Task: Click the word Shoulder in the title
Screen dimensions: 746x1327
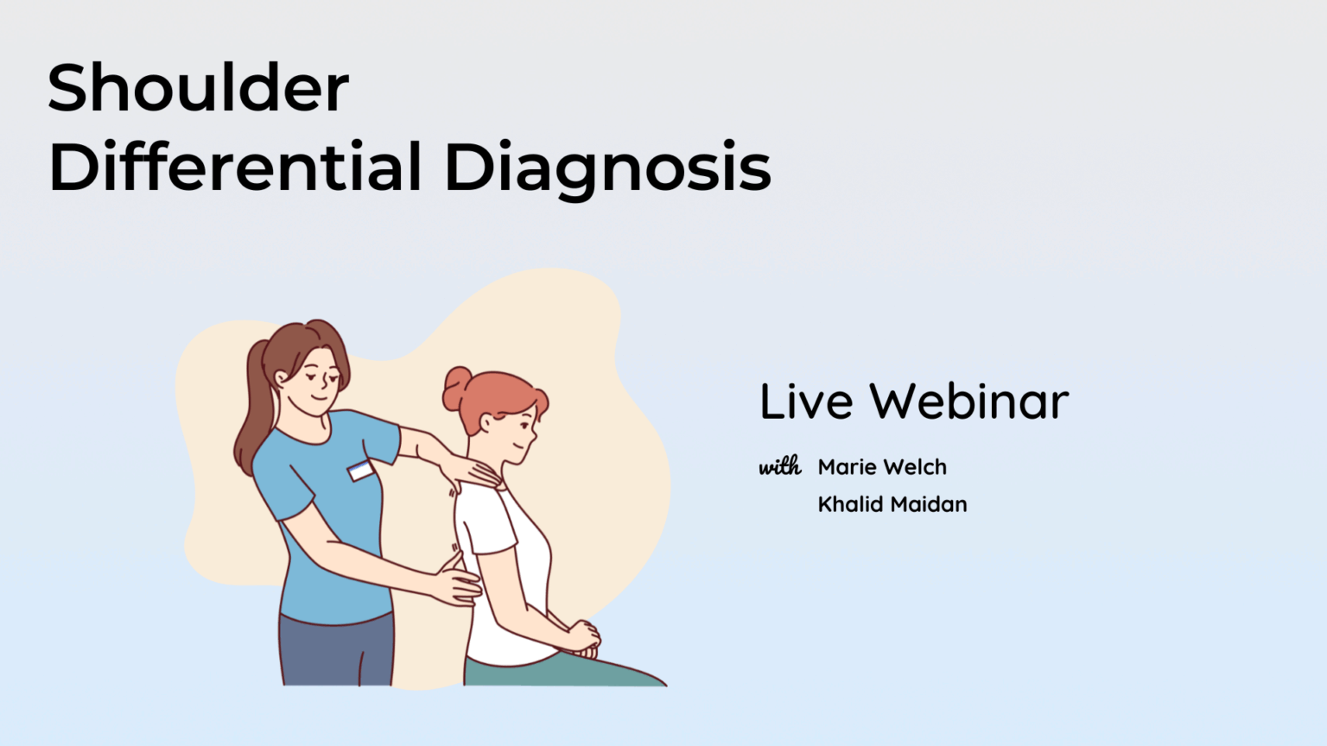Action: pos(199,88)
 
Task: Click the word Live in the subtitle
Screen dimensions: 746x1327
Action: pos(806,401)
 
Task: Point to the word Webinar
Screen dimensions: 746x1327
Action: pos(968,401)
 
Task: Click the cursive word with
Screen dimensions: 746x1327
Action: pos(780,467)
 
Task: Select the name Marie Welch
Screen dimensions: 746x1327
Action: pos(882,467)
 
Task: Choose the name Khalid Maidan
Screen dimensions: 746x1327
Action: pos(892,504)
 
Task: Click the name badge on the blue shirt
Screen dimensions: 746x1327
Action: pos(360,471)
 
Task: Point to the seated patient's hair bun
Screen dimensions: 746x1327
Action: pos(455,389)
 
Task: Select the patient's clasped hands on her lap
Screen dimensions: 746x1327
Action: pos(583,637)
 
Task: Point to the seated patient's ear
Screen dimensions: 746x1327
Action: pos(486,422)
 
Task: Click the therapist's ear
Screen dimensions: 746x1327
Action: pos(282,377)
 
